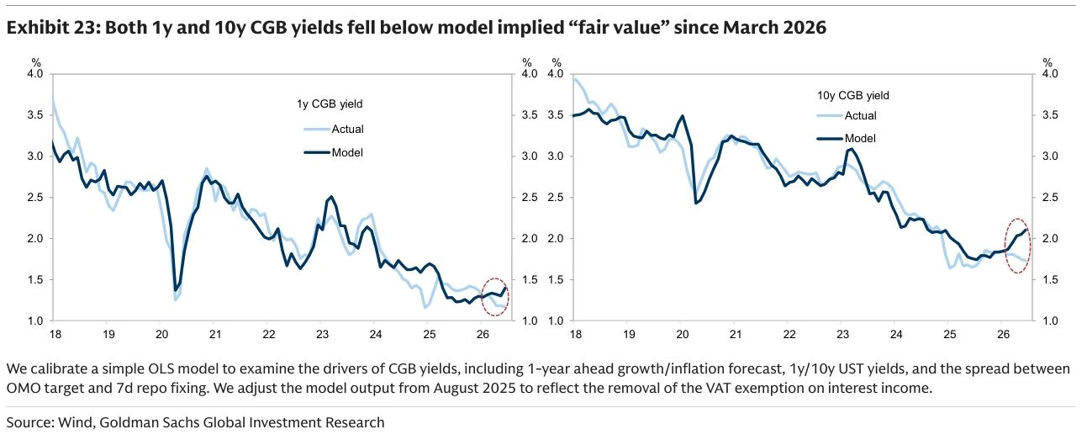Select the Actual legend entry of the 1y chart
click(x=334, y=130)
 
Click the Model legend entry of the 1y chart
click(x=334, y=152)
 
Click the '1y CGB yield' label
click(x=330, y=104)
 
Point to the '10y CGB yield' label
click(x=853, y=95)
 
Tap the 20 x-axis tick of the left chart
click(x=162, y=334)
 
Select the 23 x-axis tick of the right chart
click(x=843, y=334)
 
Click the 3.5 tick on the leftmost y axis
click(x=35, y=115)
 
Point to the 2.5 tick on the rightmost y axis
click(x=1050, y=197)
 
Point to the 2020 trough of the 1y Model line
click(x=175, y=290)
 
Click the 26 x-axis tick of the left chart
click(x=483, y=334)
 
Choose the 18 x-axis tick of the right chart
click(x=576, y=334)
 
